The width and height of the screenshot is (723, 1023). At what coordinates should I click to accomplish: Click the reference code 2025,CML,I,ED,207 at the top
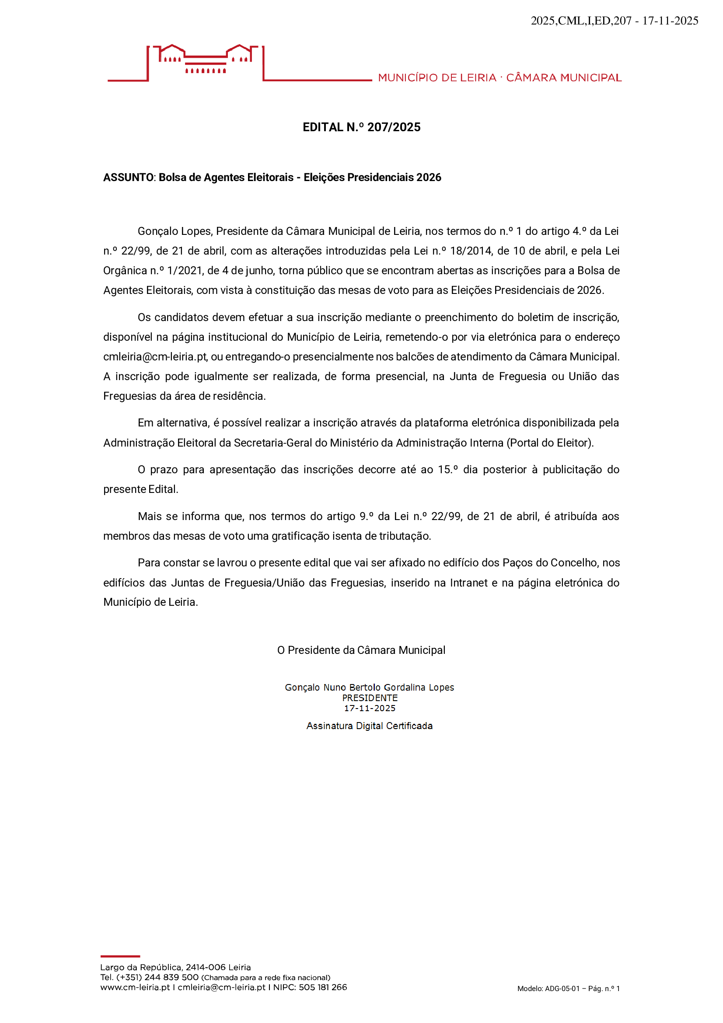click(x=581, y=21)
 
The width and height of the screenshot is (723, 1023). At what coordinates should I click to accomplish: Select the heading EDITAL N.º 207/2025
click(x=361, y=127)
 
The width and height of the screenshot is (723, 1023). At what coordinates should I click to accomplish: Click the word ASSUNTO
click(x=128, y=177)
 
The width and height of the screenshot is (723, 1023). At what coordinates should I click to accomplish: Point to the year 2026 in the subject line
click(x=429, y=177)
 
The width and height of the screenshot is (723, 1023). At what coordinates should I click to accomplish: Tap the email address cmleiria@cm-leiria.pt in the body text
click(x=155, y=357)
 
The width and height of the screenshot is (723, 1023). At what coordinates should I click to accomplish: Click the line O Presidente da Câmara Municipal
click(x=361, y=650)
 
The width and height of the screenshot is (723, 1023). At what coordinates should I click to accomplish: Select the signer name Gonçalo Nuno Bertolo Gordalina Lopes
click(x=369, y=688)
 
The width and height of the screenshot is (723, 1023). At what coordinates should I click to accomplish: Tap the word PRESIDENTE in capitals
click(x=370, y=698)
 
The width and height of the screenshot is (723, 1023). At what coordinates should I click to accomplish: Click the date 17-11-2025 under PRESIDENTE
click(x=370, y=708)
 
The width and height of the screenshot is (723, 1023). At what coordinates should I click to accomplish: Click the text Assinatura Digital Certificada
click(x=369, y=726)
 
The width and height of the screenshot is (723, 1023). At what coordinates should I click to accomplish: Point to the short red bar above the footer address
click(x=120, y=956)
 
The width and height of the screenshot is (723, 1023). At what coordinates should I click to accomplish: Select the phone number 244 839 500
click(x=171, y=977)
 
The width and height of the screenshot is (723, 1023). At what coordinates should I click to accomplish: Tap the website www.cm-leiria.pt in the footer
click(x=135, y=987)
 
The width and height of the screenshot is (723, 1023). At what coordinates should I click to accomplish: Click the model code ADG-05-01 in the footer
click(x=562, y=989)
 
